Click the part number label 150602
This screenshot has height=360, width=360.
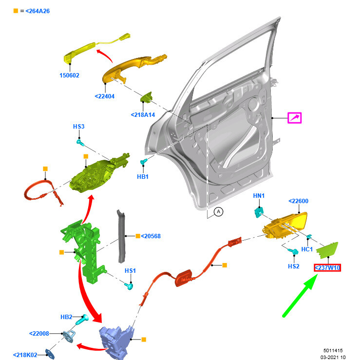69,76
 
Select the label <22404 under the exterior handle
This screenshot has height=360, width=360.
104,96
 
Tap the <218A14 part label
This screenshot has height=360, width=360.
143,115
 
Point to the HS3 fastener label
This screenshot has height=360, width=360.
79,127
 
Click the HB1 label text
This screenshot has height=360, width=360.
143,177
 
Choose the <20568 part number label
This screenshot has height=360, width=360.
151,236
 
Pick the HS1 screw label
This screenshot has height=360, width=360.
130,271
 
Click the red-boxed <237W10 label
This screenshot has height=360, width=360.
327,268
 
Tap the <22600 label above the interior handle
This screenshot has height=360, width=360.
298,201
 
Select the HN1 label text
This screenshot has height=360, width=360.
259,196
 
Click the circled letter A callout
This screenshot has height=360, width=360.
218,212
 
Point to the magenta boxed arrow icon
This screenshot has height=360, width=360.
295,118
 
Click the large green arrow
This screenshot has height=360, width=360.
300,296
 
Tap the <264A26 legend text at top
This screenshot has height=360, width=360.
38,11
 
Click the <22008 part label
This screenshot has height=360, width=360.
39,334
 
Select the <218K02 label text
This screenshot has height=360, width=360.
25,355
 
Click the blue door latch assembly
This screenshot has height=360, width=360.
116,342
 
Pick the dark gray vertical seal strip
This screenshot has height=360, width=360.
121,236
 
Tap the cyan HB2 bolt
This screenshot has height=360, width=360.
82,320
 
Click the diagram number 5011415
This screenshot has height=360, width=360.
333,351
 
